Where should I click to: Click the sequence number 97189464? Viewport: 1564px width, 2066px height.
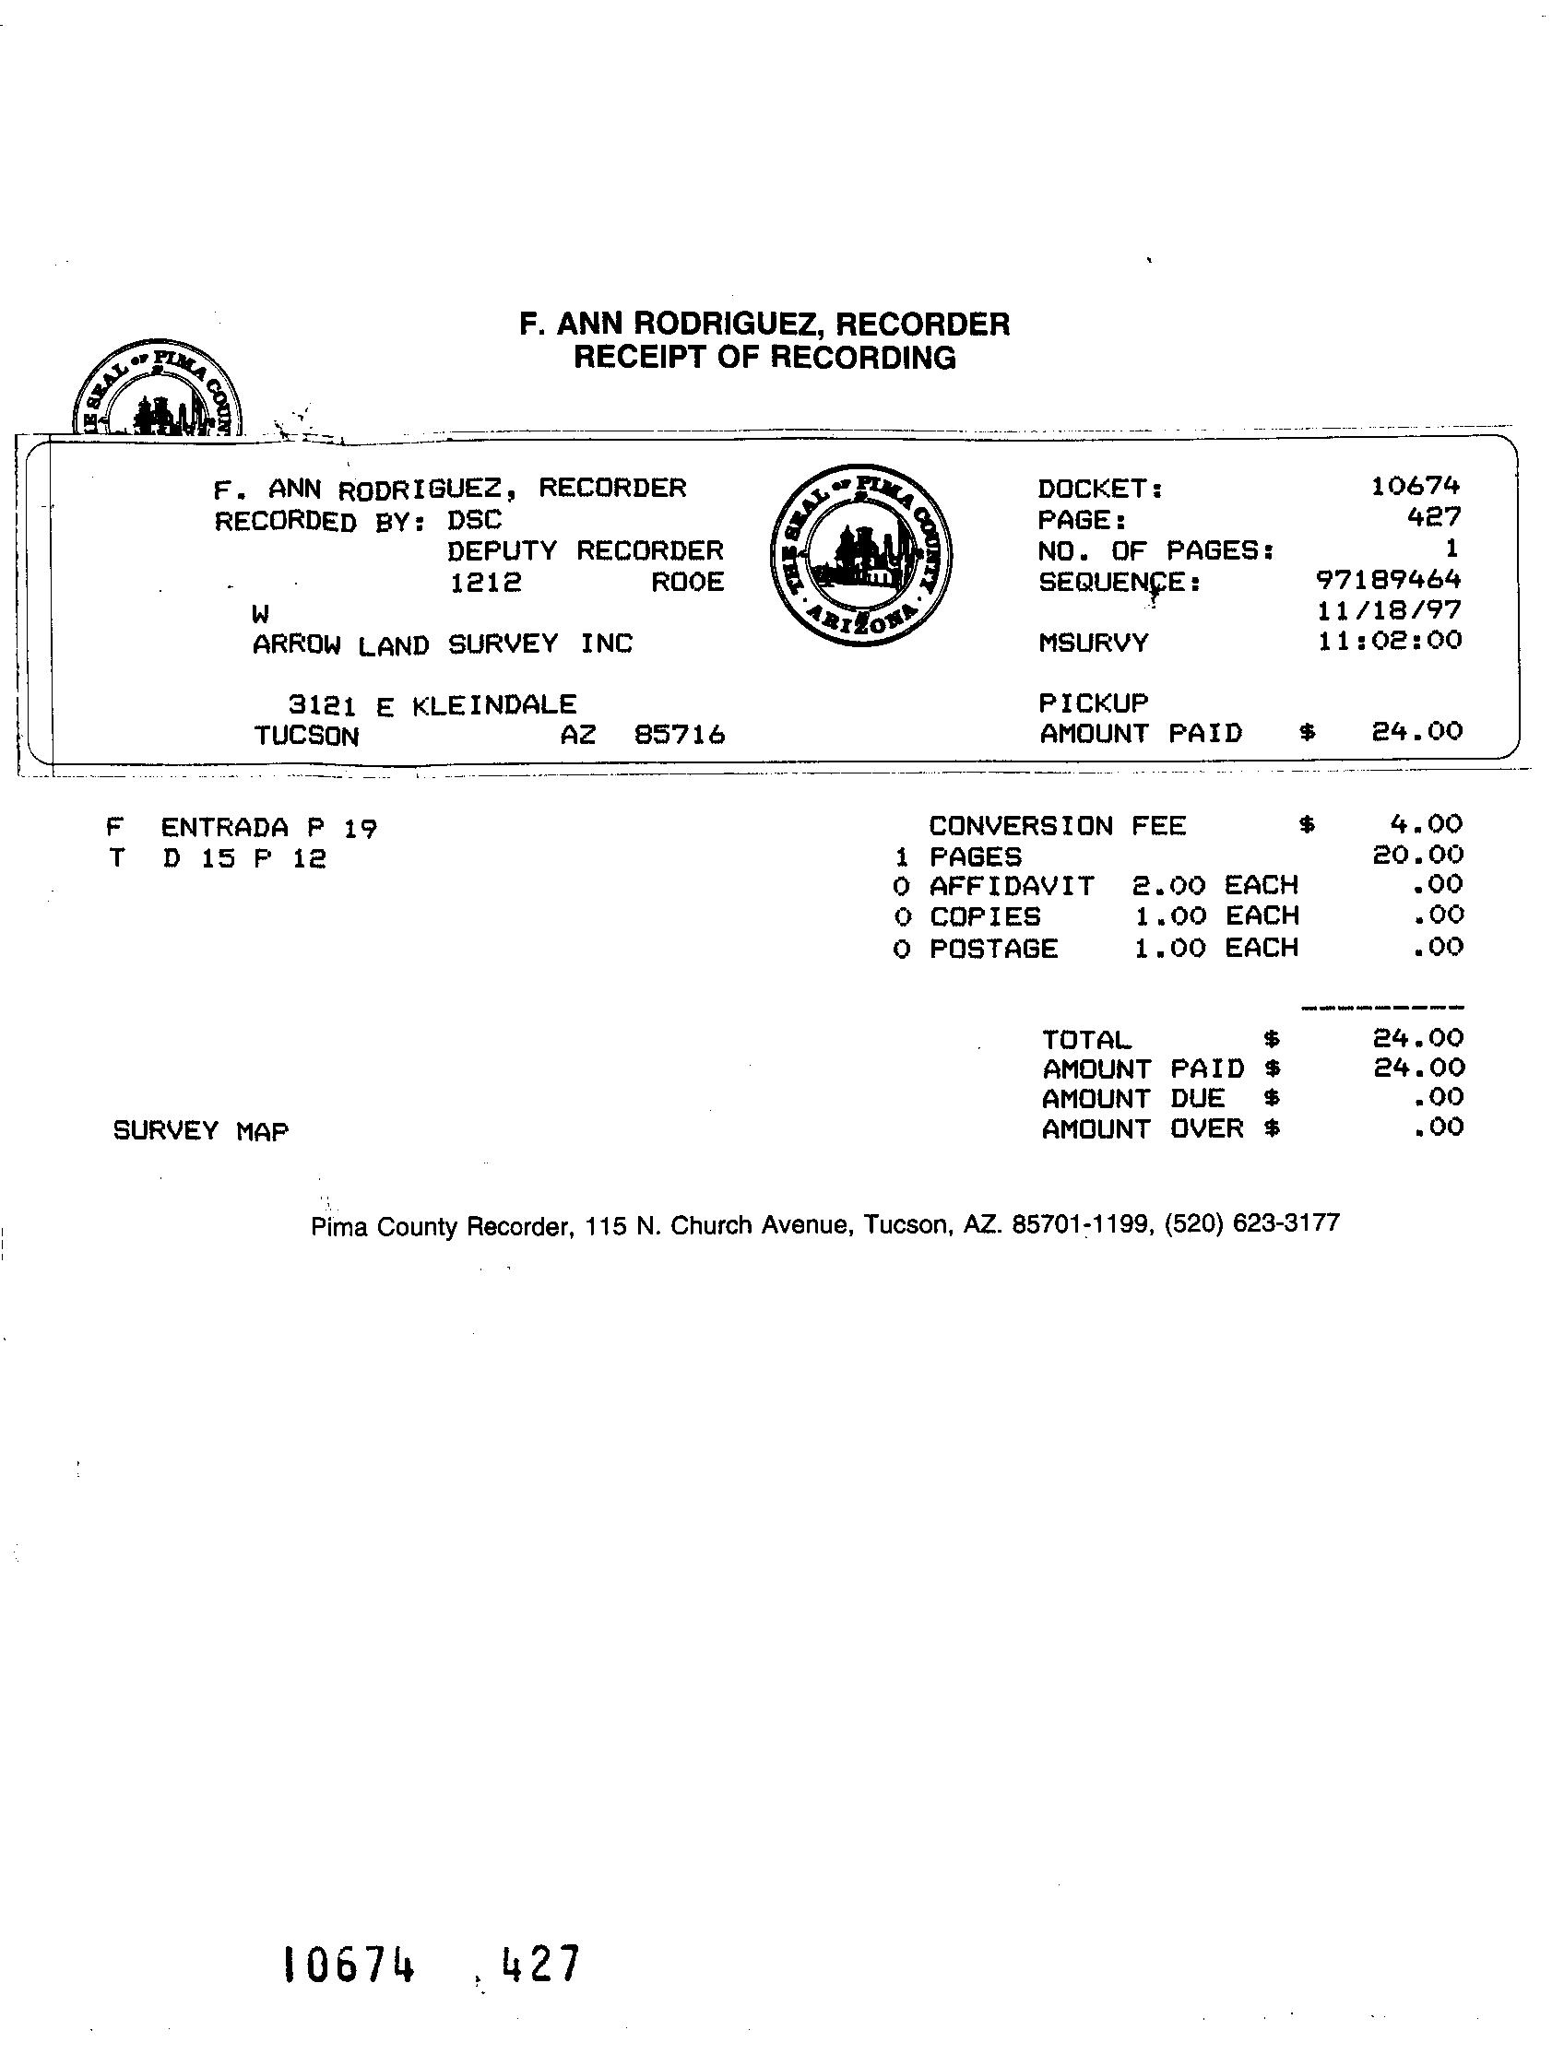point(1388,580)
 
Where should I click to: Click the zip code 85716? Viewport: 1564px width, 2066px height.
point(680,736)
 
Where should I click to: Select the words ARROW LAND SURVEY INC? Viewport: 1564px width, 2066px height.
point(442,644)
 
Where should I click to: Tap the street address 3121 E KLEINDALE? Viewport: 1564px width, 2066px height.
point(432,705)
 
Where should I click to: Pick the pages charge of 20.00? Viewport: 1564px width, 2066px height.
point(1417,855)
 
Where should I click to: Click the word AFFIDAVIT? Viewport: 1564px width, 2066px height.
point(1011,885)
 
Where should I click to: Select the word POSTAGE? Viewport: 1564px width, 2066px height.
point(993,949)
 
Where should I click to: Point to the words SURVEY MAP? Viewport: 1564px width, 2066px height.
point(200,1131)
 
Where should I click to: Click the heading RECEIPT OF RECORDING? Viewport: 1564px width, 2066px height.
point(764,358)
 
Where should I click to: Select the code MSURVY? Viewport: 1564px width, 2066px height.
point(1093,643)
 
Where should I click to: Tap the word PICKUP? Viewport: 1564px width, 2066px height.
point(1093,702)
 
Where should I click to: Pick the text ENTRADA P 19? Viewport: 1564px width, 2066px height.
point(269,828)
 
